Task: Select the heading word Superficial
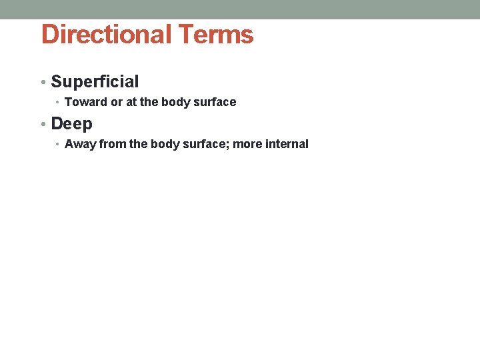(x=95, y=82)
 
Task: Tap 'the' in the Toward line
(x=149, y=102)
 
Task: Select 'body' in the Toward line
(x=175, y=102)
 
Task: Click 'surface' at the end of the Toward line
(x=214, y=102)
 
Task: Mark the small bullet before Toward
(x=58, y=103)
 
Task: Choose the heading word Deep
(x=72, y=124)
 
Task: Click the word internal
(x=287, y=144)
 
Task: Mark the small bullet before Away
(x=58, y=145)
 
